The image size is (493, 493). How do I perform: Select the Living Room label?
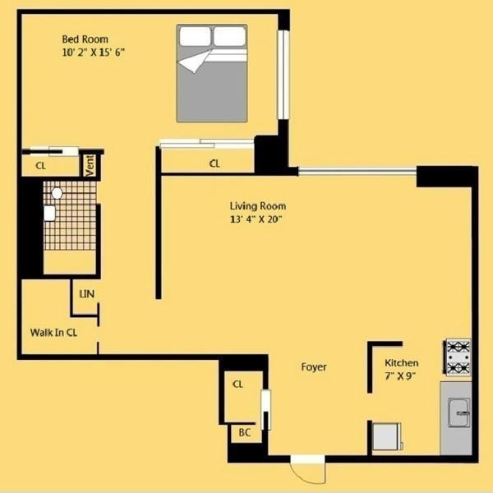pos(258,205)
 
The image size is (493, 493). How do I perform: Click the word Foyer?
pos(314,367)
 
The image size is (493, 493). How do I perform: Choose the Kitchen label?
pos(402,362)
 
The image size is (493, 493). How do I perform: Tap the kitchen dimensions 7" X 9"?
pos(401,376)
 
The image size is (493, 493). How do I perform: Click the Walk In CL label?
pos(53,333)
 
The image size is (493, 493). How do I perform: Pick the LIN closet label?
pos(86,293)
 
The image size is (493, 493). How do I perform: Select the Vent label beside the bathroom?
pos(90,165)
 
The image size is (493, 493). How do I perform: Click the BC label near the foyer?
pos(244,432)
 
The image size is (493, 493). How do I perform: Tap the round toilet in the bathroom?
pos(57,194)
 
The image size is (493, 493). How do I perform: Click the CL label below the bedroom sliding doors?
pos(214,164)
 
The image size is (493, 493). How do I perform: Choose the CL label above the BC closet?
pos(238,384)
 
